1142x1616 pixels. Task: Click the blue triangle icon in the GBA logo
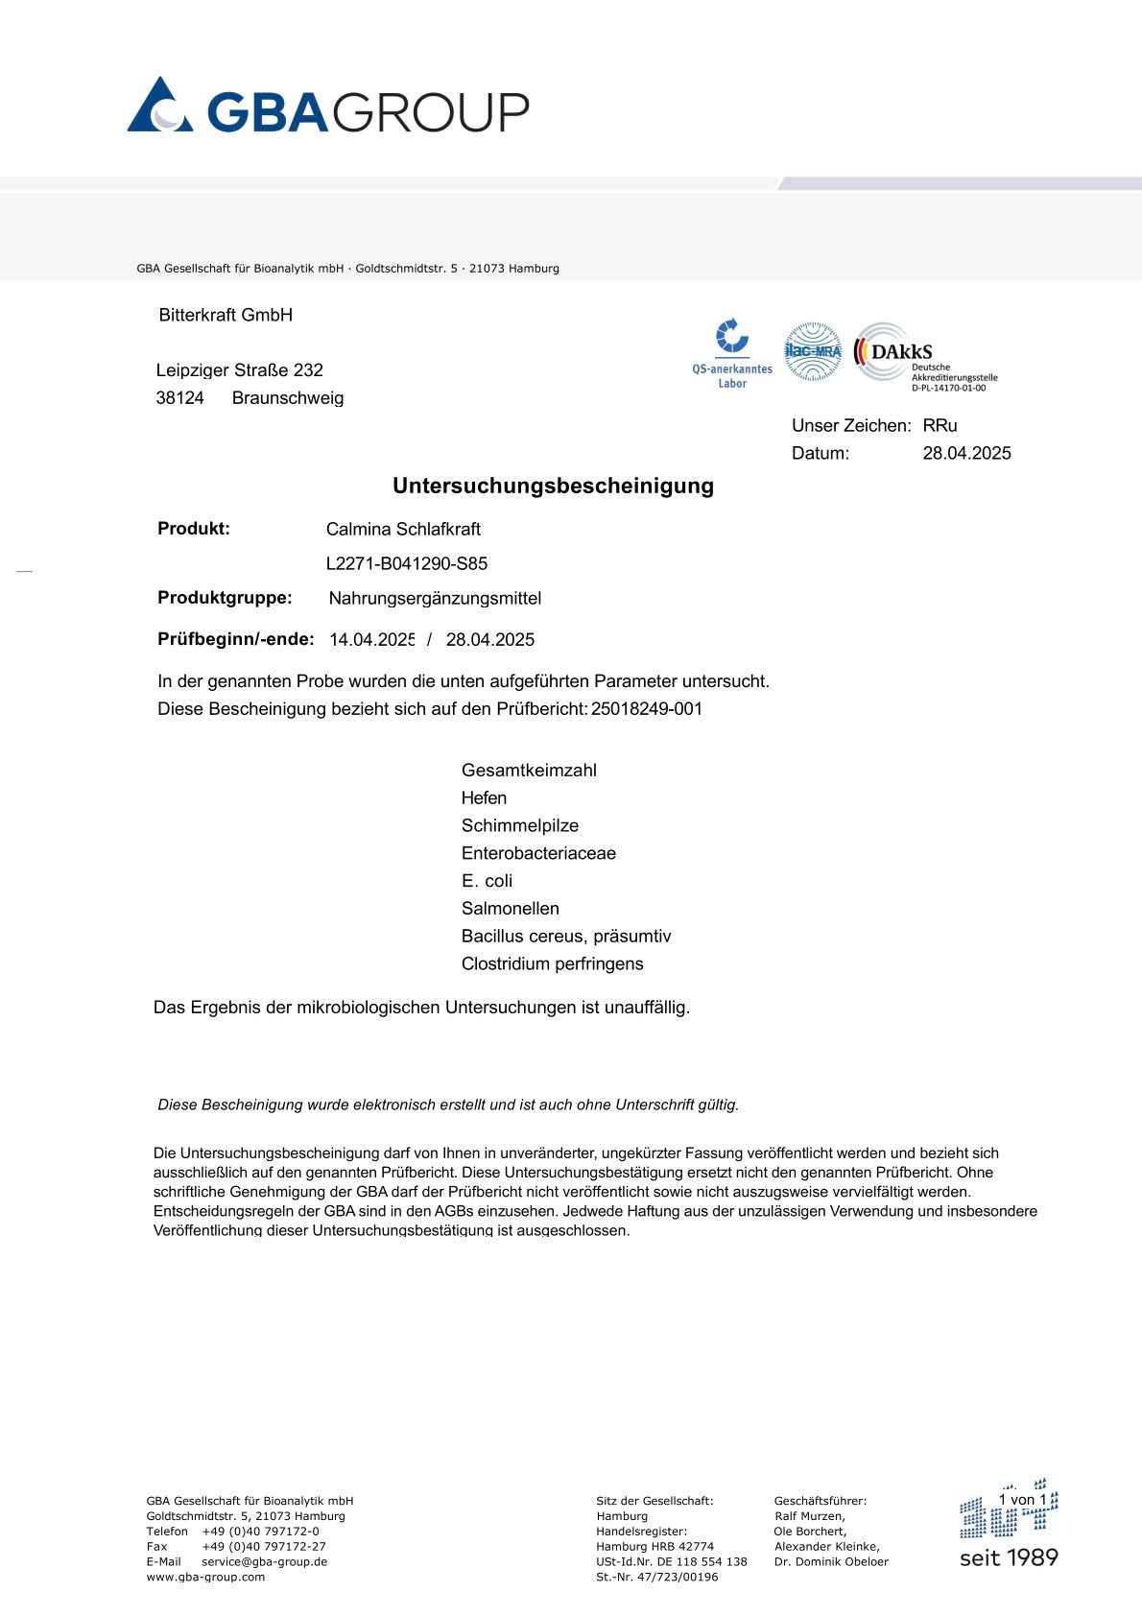[x=159, y=106]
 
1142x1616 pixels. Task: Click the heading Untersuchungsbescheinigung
[x=553, y=486]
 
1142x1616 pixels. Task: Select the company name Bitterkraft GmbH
[x=226, y=315]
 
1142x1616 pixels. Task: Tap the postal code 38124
[x=180, y=398]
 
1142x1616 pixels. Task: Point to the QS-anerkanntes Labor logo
[x=732, y=353]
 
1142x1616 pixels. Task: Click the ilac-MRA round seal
[x=813, y=351]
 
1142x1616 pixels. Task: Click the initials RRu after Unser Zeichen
[x=940, y=425]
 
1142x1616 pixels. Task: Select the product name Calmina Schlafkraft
[x=403, y=529]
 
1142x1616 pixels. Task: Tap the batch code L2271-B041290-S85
[x=407, y=563]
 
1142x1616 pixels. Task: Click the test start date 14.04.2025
[x=372, y=640]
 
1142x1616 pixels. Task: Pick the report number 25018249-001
[x=647, y=709]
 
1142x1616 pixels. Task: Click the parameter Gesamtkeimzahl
[x=529, y=771]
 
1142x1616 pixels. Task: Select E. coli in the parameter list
[x=487, y=881]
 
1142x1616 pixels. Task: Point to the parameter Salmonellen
[x=511, y=909]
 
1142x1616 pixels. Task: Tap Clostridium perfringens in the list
[x=553, y=964]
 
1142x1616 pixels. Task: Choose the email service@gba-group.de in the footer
[x=264, y=1561]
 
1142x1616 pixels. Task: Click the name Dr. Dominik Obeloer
[x=831, y=1561]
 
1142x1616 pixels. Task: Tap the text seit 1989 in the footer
[x=1009, y=1557]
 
